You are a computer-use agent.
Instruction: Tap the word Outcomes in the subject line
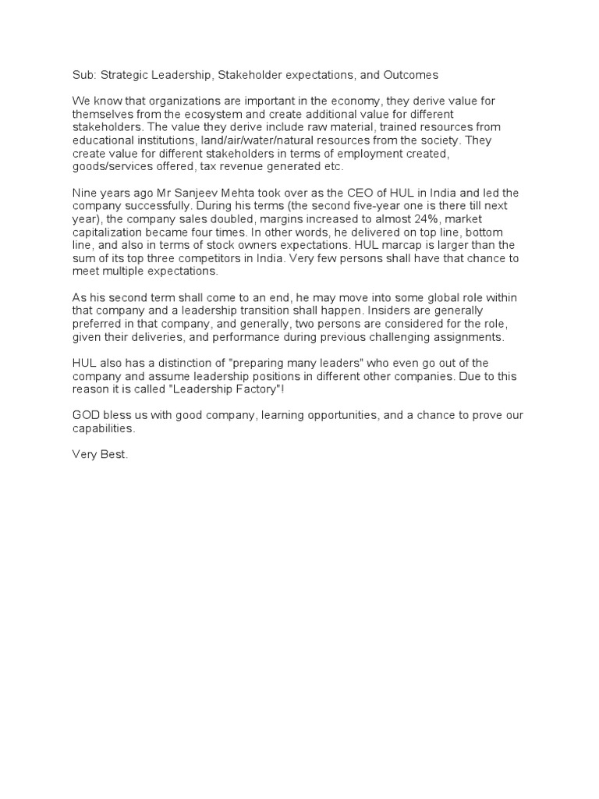click(411, 75)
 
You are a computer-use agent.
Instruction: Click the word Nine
click(83, 194)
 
